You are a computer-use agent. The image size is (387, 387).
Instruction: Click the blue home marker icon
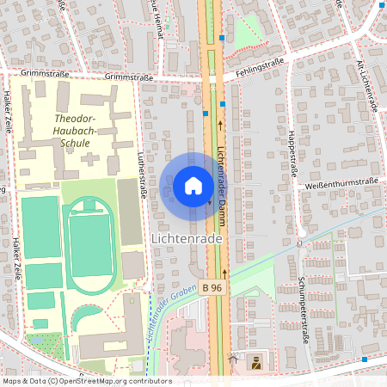[193, 185]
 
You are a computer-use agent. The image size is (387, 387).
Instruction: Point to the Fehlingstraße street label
[256, 75]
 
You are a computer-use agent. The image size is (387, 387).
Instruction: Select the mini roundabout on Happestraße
[302, 232]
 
